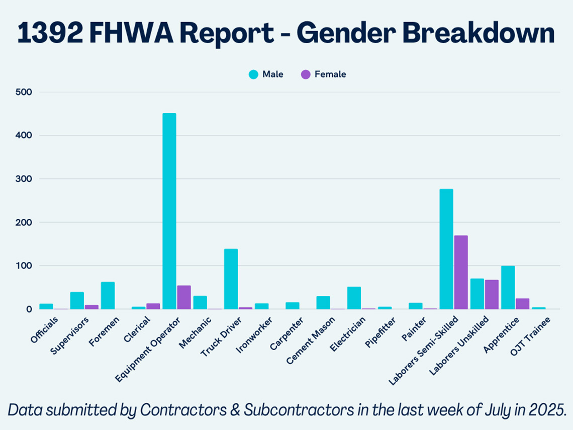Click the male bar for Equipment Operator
(x=169, y=211)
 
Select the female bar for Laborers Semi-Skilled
(x=461, y=272)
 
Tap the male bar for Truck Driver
(x=231, y=279)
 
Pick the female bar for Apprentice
(x=522, y=304)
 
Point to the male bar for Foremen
(x=108, y=296)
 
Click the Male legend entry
(x=266, y=74)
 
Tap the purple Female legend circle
(x=306, y=74)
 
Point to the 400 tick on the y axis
(x=24, y=135)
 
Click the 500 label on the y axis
(x=24, y=92)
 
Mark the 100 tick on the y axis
(x=24, y=266)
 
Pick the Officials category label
(x=44, y=330)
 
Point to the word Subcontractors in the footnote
(x=298, y=410)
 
